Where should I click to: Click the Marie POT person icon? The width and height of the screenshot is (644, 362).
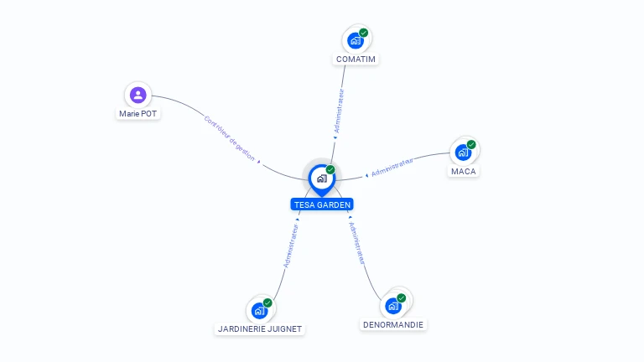[x=138, y=95]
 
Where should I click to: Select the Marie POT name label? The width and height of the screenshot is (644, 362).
[x=138, y=114]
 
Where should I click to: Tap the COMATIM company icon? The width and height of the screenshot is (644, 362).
[x=356, y=40]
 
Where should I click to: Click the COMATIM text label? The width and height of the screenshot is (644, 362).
[x=356, y=59]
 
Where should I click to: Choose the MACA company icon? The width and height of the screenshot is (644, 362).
[x=463, y=153]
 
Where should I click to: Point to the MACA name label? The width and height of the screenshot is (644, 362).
[x=463, y=172]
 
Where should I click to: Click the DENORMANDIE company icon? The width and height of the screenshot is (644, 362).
[x=393, y=306]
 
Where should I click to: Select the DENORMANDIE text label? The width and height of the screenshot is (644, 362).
[x=393, y=324]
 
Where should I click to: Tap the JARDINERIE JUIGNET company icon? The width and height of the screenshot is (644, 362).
[x=260, y=310]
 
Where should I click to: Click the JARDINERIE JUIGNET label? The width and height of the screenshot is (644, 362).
[x=260, y=329]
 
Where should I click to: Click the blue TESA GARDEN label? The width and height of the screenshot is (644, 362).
[x=322, y=204]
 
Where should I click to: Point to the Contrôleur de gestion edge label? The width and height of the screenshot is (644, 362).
[x=229, y=139]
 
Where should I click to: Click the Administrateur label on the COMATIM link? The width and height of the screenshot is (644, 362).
[x=339, y=111]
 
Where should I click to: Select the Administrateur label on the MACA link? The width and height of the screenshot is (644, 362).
[x=392, y=168]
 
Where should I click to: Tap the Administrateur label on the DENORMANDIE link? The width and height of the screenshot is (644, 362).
[x=356, y=243]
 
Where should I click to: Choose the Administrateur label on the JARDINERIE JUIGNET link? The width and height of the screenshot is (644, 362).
[x=291, y=246]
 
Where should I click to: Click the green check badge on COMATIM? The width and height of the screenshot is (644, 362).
[x=363, y=33]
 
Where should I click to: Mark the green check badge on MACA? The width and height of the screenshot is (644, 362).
[x=471, y=144]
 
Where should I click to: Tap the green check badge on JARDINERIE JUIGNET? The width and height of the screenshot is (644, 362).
[x=267, y=303]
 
